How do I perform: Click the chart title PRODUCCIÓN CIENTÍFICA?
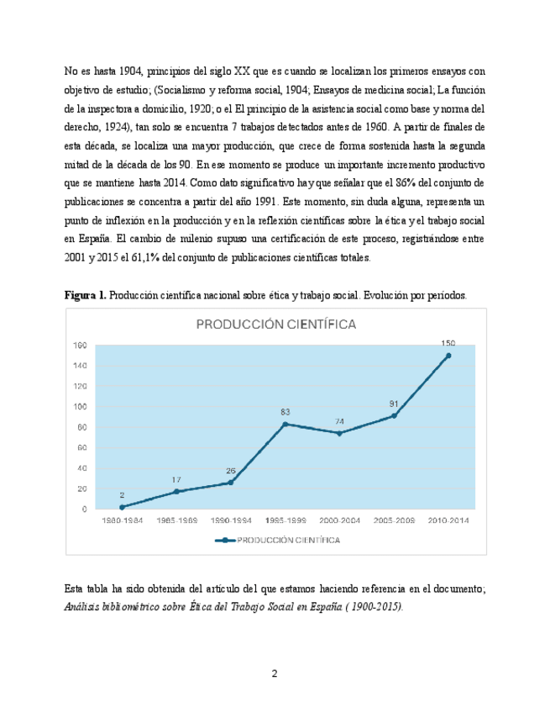point(276,324)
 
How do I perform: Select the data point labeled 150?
point(448,356)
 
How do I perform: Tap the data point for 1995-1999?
point(285,424)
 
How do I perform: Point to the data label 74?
point(339,421)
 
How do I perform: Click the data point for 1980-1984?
point(122,507)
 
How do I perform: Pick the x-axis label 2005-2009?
point(394,521)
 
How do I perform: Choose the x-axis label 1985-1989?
point(176,521)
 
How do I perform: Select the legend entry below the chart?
point(277,541)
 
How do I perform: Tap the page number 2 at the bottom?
point(275,673)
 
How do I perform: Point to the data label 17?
point(176,480)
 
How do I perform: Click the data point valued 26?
point(231,483)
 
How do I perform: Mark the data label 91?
point(394,404)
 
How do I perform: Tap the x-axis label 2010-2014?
point(448,521)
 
